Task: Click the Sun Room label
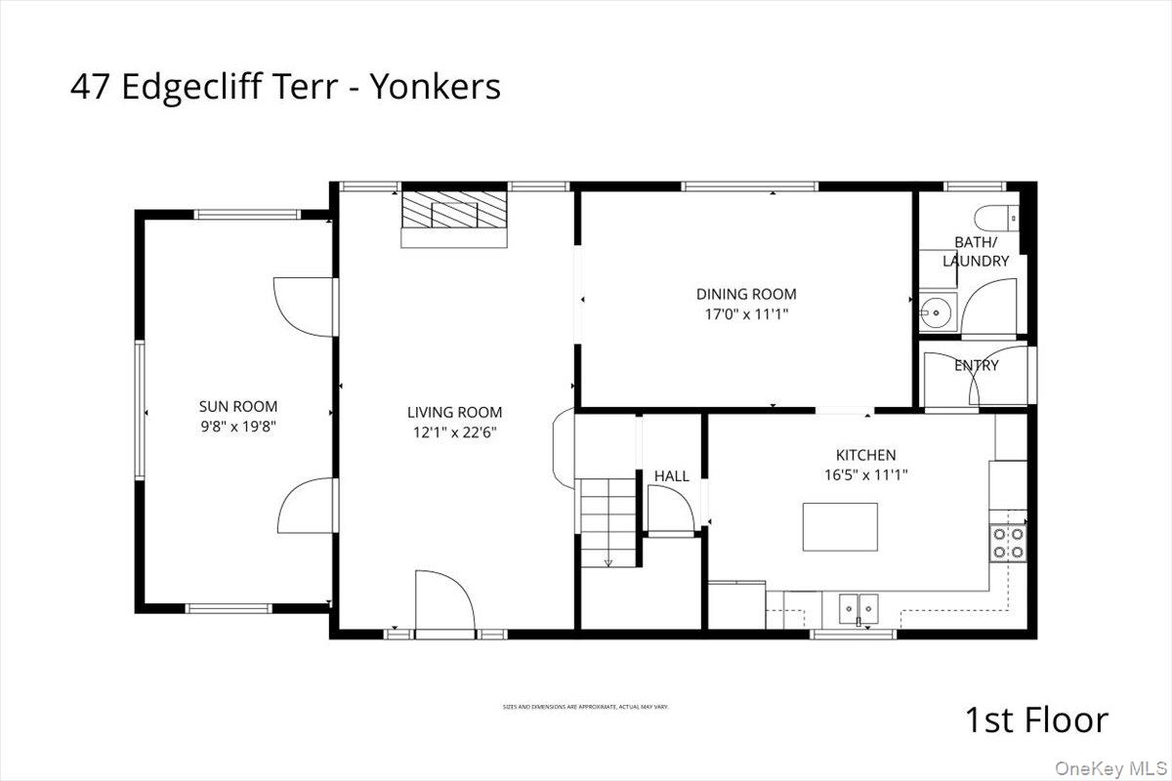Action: click(x=238, y=406)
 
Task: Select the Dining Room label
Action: click(x=746, y=294)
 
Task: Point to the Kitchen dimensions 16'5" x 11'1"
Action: click(x=865, y=475)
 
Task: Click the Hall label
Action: click(x=672, y=476)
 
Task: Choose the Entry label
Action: click(x=977, y=365)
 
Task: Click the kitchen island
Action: click(x=840, y=527)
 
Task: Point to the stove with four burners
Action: click(x=1008, y=543)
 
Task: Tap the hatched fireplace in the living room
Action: click(x=456, y=211)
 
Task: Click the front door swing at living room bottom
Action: click(x=444, y=603)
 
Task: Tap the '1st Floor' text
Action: click(x=1036, y=720)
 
